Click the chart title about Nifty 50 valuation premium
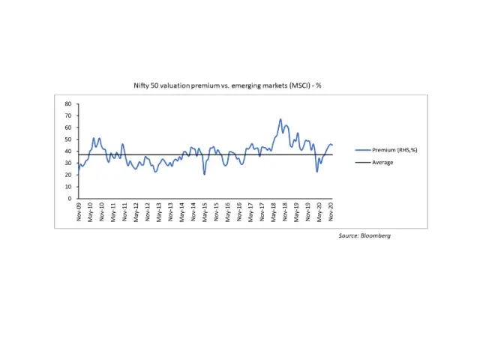tap(227, 85)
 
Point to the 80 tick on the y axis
tap(67, 103)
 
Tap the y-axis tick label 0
tap(69, 199)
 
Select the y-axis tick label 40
tap(67, 151)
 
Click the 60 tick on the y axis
tap(67, 127)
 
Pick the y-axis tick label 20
tap(67, 175)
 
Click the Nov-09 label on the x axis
tap(79, 211)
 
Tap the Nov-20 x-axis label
tap(331, 211)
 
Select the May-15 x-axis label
tap(205, 211)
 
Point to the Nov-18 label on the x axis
tap(285, 211)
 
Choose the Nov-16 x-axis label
tap(239, 211)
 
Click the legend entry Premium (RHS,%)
tap(394, 150)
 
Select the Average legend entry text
tap(382, 163)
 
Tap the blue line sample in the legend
tap(362, 150)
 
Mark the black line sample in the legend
tap(362, 163)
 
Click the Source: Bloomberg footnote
tap(364, 235)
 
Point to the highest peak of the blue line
tap(280, 119)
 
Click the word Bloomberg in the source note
tap(376, 235)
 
